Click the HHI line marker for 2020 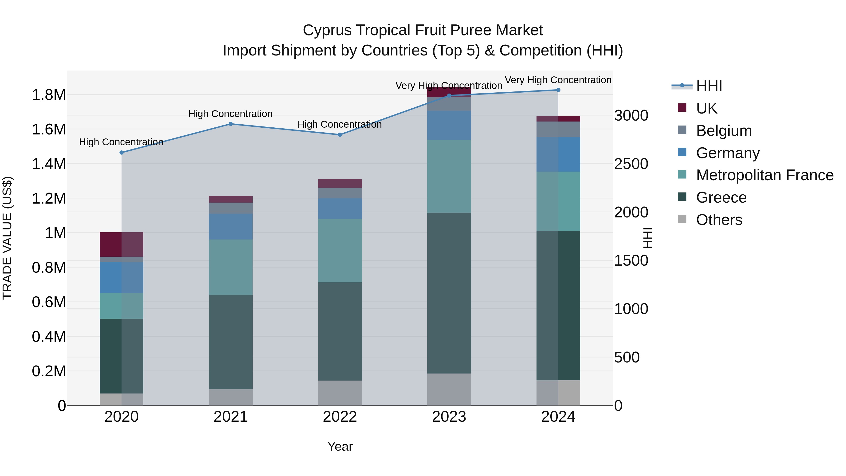[x=121, y=152]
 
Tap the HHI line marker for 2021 [x=231, y=124]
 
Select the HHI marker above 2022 [x=340, y=135]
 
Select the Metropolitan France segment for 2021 [x=231, y=267]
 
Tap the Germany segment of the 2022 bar [x=340, y=208]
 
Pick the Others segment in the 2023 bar [x=449, y=389]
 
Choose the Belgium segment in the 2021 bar [x=231, y=208]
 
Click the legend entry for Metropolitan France [x=764, y=175]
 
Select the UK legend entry [x=706, y=108]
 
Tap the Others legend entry [x=719, y=220]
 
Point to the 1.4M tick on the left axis [x=49, y=164]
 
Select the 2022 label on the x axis [x=340, y=417]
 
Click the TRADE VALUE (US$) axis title [x=8, y=238]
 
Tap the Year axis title [x=340, y=446]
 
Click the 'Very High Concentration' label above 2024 [x=558, y=80]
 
